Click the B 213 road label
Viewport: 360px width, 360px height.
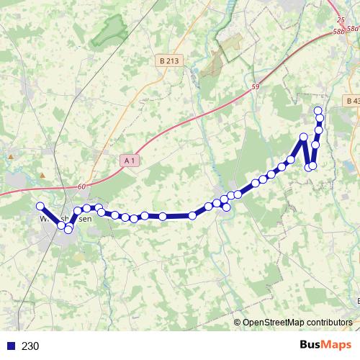pos(168,61)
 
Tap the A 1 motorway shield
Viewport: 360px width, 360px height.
pos(130,161)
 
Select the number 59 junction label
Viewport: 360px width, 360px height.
pos(255,87)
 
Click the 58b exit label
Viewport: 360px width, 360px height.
pos(339,32)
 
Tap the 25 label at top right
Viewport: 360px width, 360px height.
pos(341,21)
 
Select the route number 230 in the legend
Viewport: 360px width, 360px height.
pos(30,346)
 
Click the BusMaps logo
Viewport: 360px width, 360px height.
pos(325,345)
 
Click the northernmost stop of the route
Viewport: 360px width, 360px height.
pos(318,109)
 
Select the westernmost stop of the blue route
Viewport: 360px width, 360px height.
pos(40,207)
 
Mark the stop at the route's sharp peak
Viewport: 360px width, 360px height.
pos(304,137)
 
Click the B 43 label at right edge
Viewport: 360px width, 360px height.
pos(352,101)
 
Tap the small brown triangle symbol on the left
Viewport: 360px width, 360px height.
pos(42,175)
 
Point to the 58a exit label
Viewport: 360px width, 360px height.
pos(353,28)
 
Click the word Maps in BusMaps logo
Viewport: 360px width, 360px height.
pos(336,345)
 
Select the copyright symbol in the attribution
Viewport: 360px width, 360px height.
pos(238,323)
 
